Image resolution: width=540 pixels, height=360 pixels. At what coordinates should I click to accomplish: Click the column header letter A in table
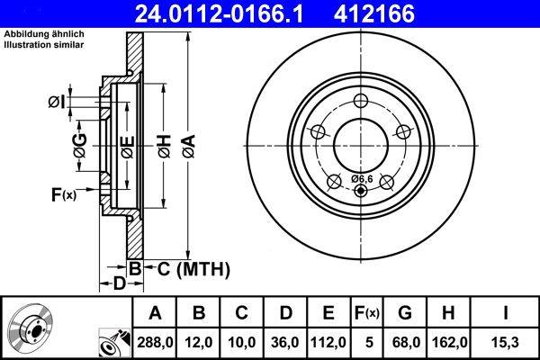[x=155, y=312]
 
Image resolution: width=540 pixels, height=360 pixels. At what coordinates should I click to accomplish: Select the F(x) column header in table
[x=366, y=312]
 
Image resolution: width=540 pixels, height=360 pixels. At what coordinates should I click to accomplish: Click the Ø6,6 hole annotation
[x=360, y=179]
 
